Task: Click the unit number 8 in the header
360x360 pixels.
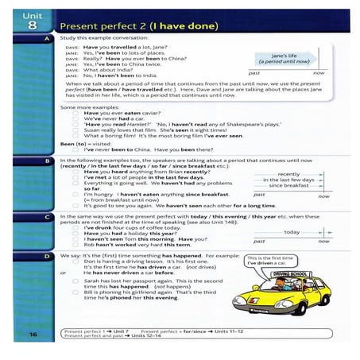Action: pos(27,25)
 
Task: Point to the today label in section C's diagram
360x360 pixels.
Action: pos(292,231)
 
